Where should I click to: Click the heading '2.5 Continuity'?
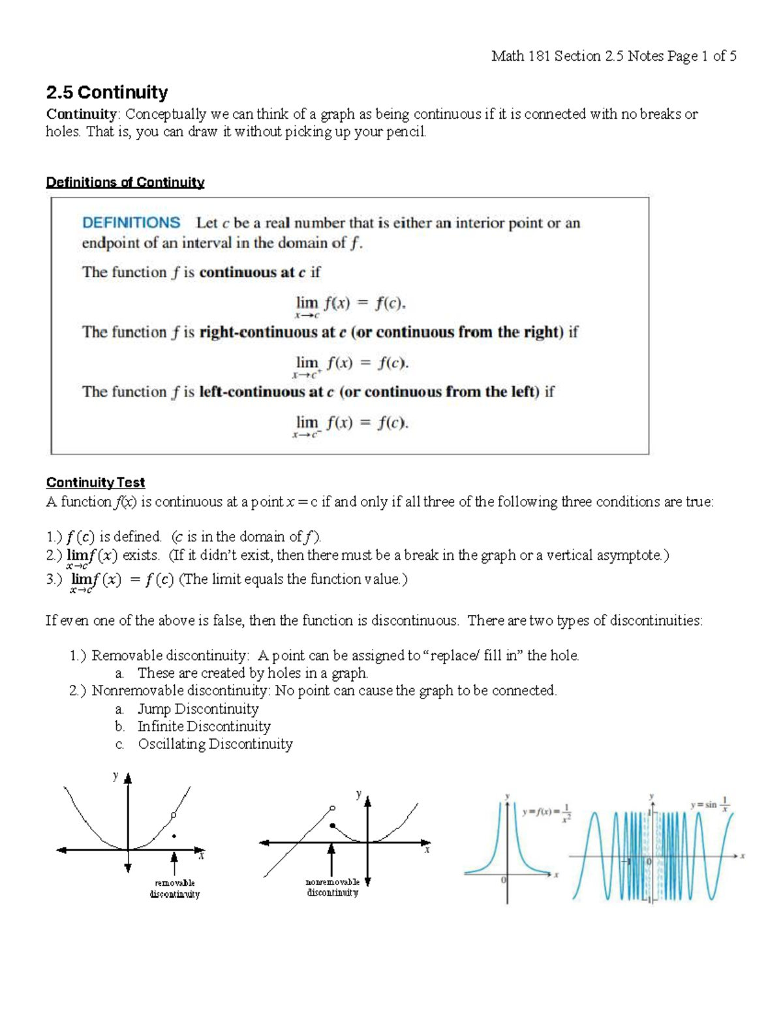[107, 92]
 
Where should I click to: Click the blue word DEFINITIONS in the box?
[131, 222]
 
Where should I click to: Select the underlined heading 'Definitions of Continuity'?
[125, 183]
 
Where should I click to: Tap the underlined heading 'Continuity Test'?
[95, 483]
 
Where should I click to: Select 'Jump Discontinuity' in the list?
[198, 709]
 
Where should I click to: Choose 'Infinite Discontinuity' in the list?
[204, 727]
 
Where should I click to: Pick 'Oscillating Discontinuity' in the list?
[215, 744]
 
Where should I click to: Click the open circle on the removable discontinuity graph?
[173, 815]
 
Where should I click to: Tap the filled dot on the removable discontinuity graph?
[174, 836]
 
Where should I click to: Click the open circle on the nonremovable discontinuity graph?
[333, 808]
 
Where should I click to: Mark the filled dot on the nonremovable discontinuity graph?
[332, 826]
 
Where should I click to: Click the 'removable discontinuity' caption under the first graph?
[174, 888]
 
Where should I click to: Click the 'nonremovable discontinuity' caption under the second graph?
[332, 887]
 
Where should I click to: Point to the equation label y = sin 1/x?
[710, 805]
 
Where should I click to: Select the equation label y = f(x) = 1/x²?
[547, 812]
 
